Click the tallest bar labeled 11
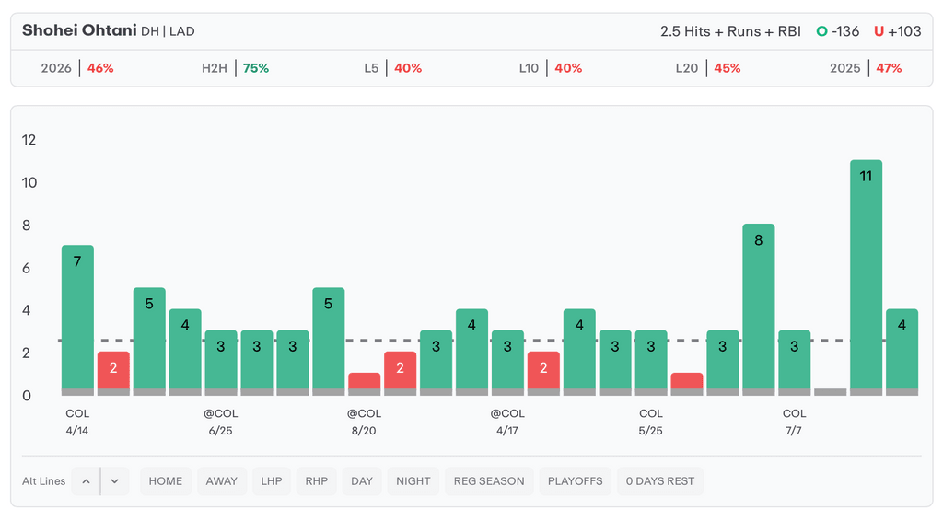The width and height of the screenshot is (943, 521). coord(866,277)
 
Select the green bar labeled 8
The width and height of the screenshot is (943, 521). coord(759,309)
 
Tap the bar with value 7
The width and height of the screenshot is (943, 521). coord(77,319)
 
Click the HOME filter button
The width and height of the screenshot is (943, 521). coord(166,481)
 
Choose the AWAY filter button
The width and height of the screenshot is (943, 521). coord(221,481)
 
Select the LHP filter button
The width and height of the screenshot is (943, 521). coord(272,481)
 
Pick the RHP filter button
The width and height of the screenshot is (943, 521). coord(317,481)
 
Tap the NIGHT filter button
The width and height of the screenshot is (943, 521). coord(413,481)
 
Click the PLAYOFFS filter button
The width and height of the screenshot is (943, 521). coord(575,481)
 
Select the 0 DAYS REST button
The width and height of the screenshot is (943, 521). coord(659,481)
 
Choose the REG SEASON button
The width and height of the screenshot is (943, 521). coord(489,481)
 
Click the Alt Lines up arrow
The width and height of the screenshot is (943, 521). coord(86,481)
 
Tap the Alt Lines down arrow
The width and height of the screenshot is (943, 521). coord(115,481)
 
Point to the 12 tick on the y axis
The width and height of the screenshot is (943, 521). coord(29,140)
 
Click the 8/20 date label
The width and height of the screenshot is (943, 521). coord(364,431)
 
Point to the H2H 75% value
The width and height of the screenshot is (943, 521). coord(256,68)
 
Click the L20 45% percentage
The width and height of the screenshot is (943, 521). coord(728,68)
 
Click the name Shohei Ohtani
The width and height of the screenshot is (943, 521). coord(79,30)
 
